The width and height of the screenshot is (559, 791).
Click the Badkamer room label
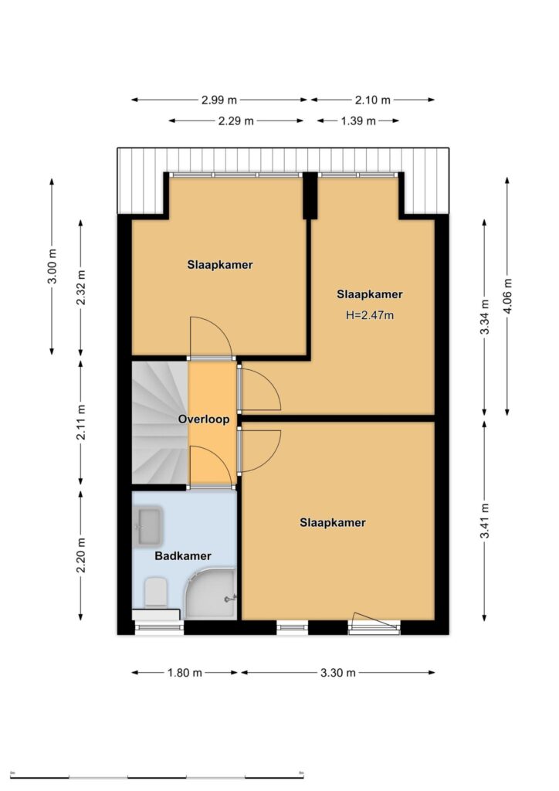(182, 556)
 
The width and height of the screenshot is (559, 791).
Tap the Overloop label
(204, 419)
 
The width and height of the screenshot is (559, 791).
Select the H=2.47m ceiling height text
(370, 315)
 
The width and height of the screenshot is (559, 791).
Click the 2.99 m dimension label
(219, 100)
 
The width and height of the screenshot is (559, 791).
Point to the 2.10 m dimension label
(372, 100)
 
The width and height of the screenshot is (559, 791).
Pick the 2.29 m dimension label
(236, 121)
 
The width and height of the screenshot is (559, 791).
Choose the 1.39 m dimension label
(358, 121)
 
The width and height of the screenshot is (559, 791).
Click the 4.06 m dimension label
(507, 296)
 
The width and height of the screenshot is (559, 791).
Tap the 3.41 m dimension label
(484, 521)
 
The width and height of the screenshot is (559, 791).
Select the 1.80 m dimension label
(185, 673)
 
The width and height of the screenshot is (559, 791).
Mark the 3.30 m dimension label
(337, 673)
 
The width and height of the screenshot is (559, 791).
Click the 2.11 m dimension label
(80, 422)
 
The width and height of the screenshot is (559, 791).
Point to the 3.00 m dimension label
(52, 266)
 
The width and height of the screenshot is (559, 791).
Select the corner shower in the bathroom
(211, 593)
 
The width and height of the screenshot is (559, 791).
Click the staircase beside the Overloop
(160, 422)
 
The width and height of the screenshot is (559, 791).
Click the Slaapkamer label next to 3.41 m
(333, 523)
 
